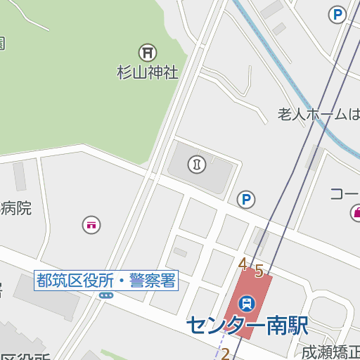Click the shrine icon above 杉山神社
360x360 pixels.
[148, 52]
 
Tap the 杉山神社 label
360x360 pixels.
[148, 72]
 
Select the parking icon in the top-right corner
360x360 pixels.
[338, 14]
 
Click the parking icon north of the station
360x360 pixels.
[245, 200]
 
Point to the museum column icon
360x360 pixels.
[197, 165]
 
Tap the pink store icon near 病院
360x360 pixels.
[91, 225]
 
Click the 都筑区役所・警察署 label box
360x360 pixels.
[106, 281]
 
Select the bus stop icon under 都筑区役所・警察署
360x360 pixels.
[106, 296]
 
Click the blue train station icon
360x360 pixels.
[247, 304]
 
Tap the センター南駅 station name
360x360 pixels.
[247, 325]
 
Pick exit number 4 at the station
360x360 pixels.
[243, 264]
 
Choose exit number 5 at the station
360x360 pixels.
[259, 270]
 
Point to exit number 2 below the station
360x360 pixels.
[226, 354]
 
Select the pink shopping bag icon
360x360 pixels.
[356, 212]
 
